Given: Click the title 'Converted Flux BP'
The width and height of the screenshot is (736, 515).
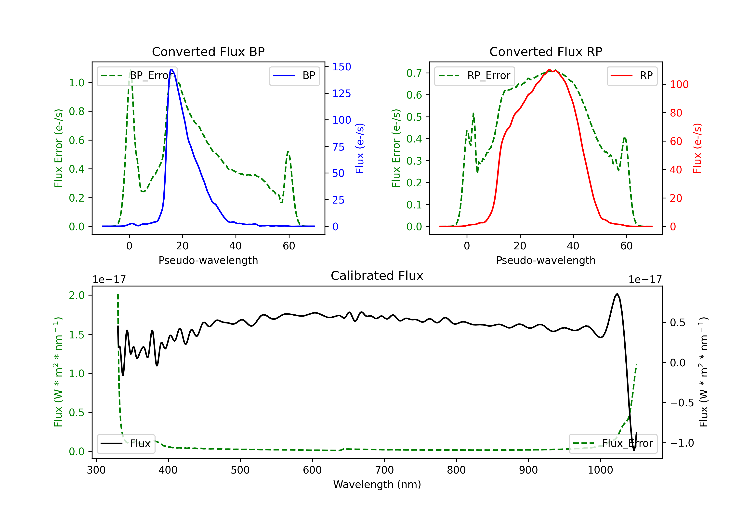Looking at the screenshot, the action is [x=208, y=51].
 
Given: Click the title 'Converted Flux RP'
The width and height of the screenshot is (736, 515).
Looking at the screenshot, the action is [x=546, y=51].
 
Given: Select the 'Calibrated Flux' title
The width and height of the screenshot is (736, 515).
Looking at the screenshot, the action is [x=377, y=276].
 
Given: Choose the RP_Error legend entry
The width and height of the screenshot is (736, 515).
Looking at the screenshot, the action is [x=474, y=76].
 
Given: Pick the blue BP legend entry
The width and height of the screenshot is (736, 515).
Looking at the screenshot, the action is [x=294, y=76].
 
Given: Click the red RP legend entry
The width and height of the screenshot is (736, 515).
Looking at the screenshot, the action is [x=631, y=76].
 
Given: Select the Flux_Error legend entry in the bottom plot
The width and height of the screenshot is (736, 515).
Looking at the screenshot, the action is [x=613, y=444].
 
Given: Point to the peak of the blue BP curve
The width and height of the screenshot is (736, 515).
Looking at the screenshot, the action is [x=171, y=70].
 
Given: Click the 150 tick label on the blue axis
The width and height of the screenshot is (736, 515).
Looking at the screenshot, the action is [x=342, y=67].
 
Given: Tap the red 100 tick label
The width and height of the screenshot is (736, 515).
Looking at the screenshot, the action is [x=679, y=85].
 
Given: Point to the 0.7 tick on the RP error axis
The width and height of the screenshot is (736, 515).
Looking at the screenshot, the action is [x=414, y=73].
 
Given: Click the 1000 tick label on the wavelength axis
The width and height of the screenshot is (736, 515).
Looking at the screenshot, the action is [x=600, y=470].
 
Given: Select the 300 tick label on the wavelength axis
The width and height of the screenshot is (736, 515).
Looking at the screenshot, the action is [x=96, y=470].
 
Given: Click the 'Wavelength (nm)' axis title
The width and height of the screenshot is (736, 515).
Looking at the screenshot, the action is [x=377, y=484].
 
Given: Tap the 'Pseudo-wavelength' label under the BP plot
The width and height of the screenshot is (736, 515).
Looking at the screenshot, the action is [x=208, y=260].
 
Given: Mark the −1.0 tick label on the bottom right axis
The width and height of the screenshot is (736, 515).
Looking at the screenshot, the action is [x=682, y=443].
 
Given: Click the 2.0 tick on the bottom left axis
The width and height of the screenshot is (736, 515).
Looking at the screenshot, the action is [x=77, y=295].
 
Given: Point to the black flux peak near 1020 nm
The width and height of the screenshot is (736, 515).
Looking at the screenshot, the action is [x=617, y=294].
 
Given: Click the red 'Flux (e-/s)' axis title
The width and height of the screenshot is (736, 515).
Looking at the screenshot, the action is [x=697, y=148].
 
